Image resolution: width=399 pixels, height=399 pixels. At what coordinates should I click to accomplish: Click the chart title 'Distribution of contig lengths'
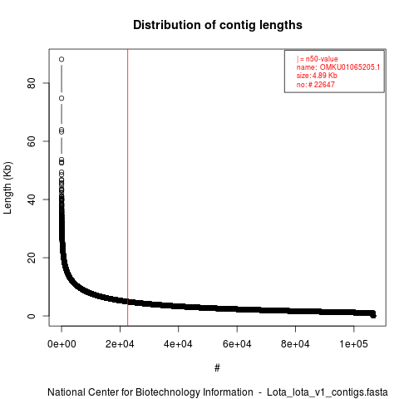(x=218, y=25)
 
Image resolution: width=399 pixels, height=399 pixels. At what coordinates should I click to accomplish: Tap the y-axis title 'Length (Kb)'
(x=7, y=188)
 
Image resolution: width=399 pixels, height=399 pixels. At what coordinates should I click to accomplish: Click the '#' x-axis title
(x=217, y=368)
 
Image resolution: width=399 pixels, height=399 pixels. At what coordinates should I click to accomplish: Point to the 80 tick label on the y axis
(x=32, y=83)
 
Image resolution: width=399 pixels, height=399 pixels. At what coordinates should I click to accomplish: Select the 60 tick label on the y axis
(x=32, y=141)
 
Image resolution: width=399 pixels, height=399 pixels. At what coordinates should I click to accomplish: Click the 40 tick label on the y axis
(x=32, y=199)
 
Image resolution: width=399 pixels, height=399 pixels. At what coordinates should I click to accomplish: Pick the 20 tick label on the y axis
(x=32, y=258)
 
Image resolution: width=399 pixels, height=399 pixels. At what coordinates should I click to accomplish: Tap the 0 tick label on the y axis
(x=32, y=316)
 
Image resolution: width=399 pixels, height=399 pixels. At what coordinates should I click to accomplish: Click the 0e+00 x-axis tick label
(x=62, y=344)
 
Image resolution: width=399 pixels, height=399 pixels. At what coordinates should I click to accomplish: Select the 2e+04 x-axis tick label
(x=120, y=344)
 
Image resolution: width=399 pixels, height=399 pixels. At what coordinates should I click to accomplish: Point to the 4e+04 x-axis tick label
(x=179, y=344)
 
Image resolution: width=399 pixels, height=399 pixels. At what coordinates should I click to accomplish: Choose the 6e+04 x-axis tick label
(x=237, y=344)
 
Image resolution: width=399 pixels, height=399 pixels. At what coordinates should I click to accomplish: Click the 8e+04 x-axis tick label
(x=295, y=344)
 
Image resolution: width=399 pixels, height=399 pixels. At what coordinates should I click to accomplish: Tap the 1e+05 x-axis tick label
(x=354, y=344)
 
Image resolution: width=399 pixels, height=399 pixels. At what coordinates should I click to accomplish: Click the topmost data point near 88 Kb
(x=62, y=59)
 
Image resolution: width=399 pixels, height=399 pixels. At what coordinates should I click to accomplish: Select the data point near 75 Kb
(x=62, y=98)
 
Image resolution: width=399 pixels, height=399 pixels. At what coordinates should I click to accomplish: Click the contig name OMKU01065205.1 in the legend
(x=350, y=67)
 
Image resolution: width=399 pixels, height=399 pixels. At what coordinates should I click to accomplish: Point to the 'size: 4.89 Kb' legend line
(x=317, y=76)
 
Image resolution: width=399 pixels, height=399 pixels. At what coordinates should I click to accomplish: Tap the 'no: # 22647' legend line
(x=316, y=85)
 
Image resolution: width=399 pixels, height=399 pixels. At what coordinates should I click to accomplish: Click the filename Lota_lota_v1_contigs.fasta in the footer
(x=328, y=392)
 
